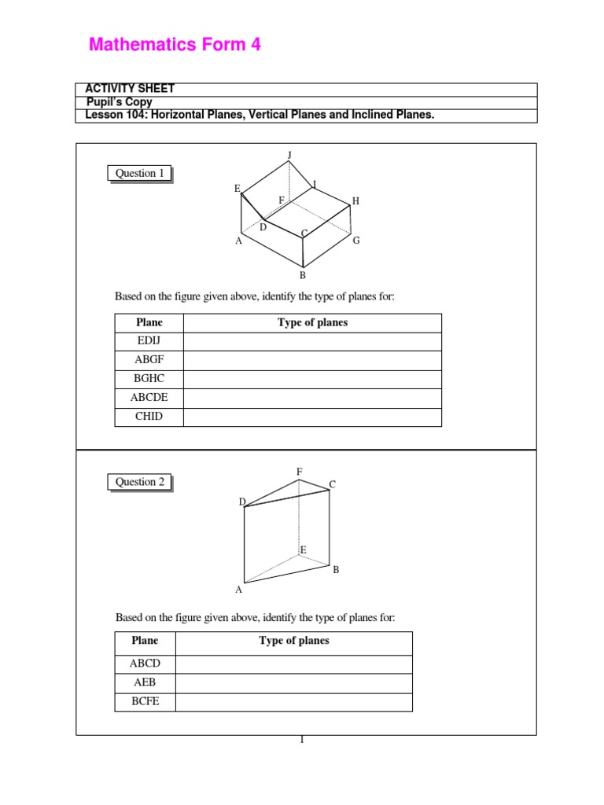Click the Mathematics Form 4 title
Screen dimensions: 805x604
coord(175,46)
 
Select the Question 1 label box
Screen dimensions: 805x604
coord(140,174)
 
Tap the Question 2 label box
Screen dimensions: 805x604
coord(140,482)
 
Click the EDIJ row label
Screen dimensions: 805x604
coord(149,341)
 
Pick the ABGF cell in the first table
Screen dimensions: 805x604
coord(149,360)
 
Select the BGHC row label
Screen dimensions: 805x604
coord(149,379)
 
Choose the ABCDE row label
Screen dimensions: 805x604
coord(149,398)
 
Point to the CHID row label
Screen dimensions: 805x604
coord(149,417)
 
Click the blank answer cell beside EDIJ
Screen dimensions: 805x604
coord(312,341)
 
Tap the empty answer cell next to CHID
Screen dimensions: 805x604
coord(312,417)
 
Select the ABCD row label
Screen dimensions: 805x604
coord(145,664)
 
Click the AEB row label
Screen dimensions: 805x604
coord(145,683)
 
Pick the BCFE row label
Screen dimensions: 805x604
coord(145,702)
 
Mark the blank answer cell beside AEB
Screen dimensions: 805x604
coord(293,683)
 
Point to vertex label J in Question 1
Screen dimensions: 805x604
coord(289,155)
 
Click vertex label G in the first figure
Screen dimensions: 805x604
coord(356,241)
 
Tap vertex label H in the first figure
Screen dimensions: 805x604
coord(355,201)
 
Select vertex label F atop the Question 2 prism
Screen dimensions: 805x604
coord(299,471)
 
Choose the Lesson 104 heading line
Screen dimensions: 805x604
coord(260,116)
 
